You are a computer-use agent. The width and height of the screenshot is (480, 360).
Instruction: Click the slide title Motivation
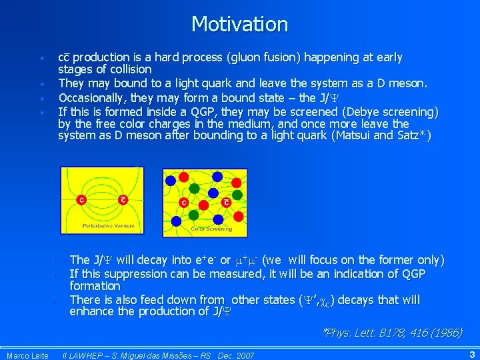239,25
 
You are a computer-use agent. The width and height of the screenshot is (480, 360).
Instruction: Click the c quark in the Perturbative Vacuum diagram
81,199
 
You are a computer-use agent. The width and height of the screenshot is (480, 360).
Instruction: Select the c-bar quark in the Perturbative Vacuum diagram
123,199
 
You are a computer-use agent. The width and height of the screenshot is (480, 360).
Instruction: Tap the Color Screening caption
211,229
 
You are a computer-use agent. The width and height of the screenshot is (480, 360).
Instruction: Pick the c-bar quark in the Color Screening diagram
226,203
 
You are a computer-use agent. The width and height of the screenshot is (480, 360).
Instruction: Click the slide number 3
471,355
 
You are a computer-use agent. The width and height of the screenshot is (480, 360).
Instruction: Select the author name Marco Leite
27,355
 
